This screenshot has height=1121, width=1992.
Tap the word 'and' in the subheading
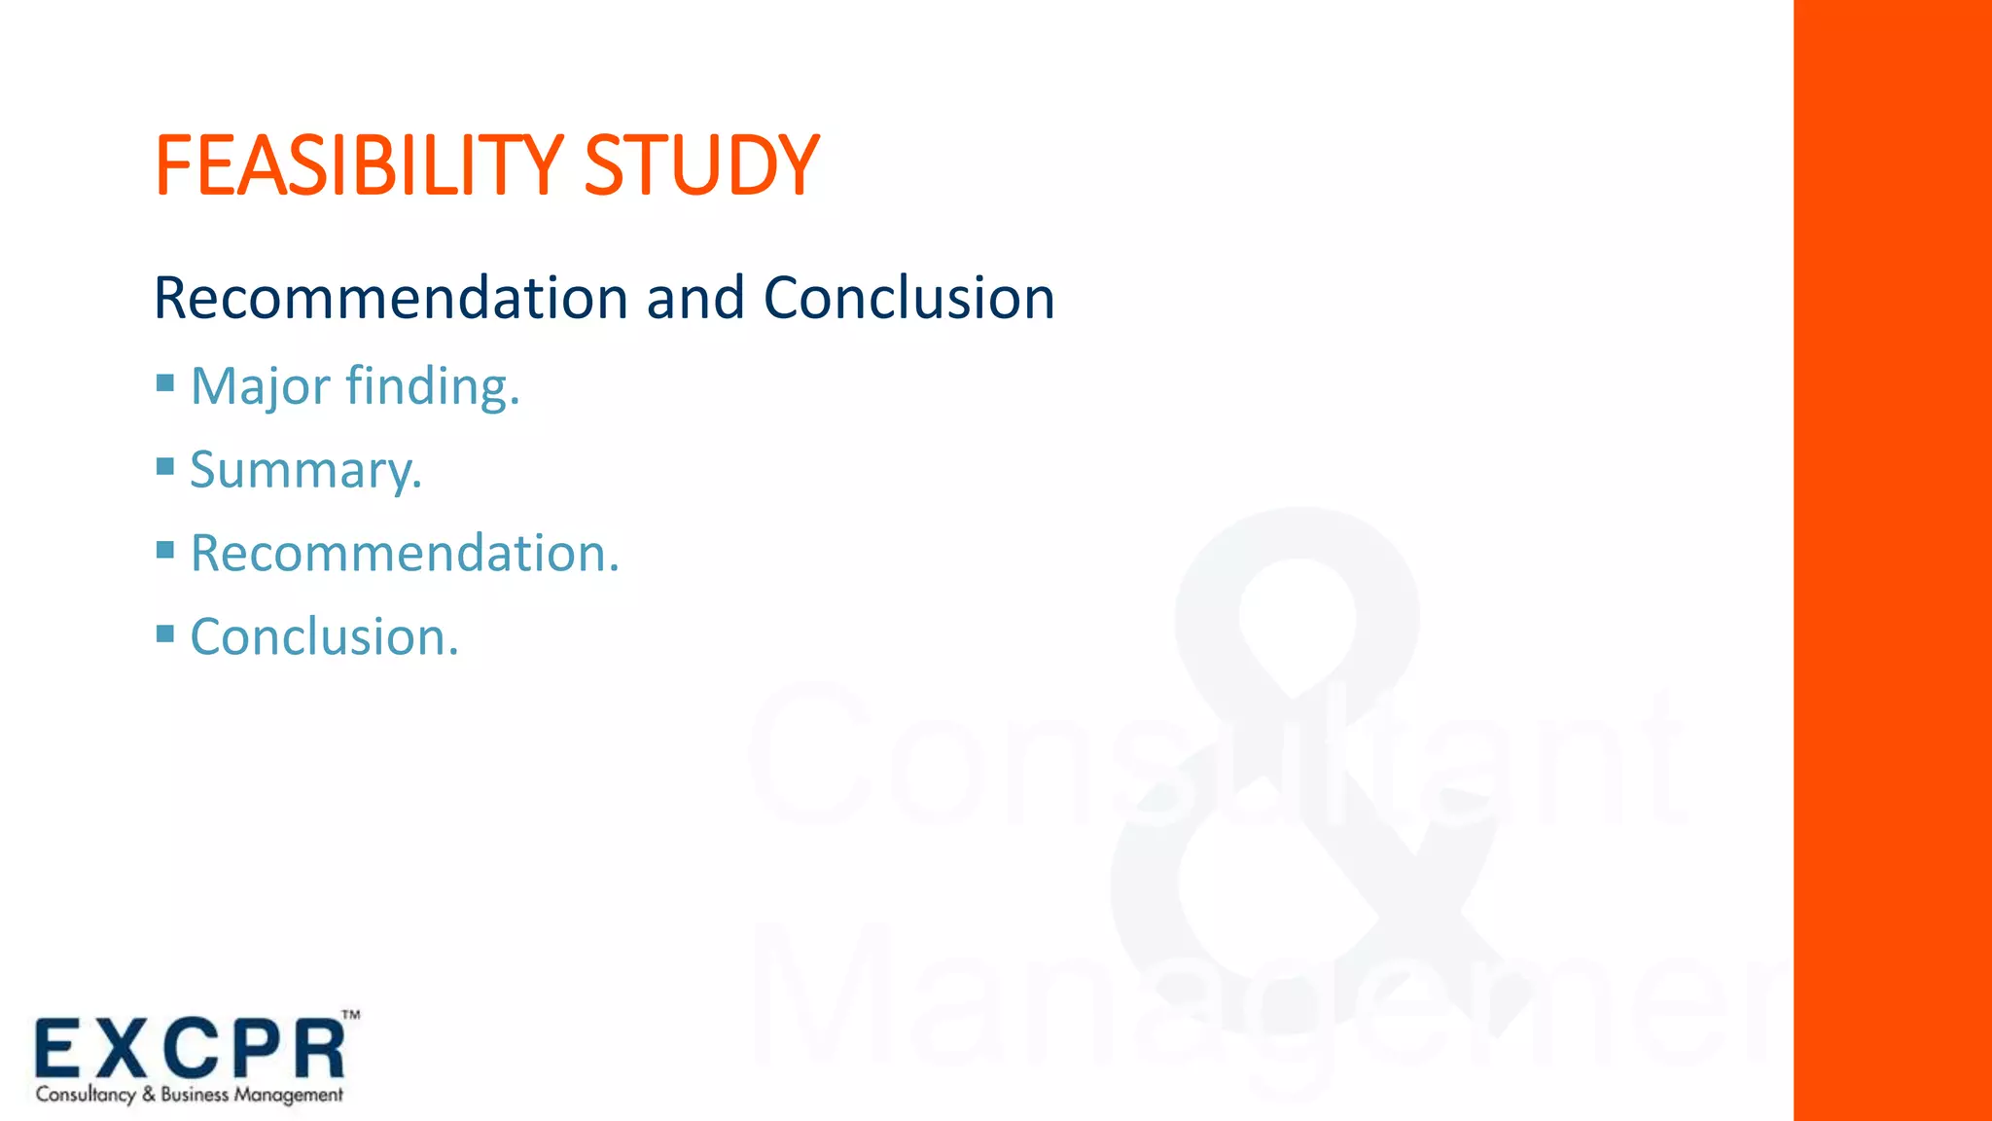[x=695, y=298]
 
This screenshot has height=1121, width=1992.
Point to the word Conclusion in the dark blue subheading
[x=909, y=298]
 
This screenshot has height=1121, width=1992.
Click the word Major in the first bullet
[x=260, y=386]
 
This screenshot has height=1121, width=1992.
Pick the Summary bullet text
[x=305, y=470]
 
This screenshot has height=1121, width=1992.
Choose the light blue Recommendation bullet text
[x=404, y=554]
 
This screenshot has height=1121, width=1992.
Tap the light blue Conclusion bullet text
[x=324, y=637]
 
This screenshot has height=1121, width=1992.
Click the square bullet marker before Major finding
[x=165, y=382]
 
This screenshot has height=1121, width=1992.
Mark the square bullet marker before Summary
[x=165, y=466]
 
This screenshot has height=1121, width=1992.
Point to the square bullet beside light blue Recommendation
[x=165, y=550]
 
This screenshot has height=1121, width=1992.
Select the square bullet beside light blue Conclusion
[x=165, y=633]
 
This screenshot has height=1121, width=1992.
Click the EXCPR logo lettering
[x=191, y=1049]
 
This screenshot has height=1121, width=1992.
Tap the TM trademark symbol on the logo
[x=351, y=1015]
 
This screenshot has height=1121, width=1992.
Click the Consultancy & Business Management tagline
[x=190, y=1095]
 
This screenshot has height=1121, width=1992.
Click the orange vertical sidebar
[x=1892, y=560]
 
